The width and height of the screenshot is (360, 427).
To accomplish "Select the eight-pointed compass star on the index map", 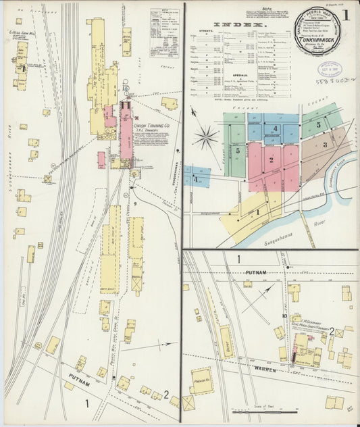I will [205, 137].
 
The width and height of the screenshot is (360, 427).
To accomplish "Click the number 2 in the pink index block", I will [271, 160].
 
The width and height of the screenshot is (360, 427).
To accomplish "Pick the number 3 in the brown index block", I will [324, 145].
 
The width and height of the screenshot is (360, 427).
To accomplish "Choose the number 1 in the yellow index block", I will [257, 211].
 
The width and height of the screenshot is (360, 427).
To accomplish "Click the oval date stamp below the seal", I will [331, 69].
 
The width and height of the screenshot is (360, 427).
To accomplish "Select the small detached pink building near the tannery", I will [101, 160].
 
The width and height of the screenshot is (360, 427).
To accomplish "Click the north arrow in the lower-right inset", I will [255, 297].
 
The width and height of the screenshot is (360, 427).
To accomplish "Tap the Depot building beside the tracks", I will [226, 341].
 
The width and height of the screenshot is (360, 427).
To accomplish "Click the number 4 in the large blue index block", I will [275, 128].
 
